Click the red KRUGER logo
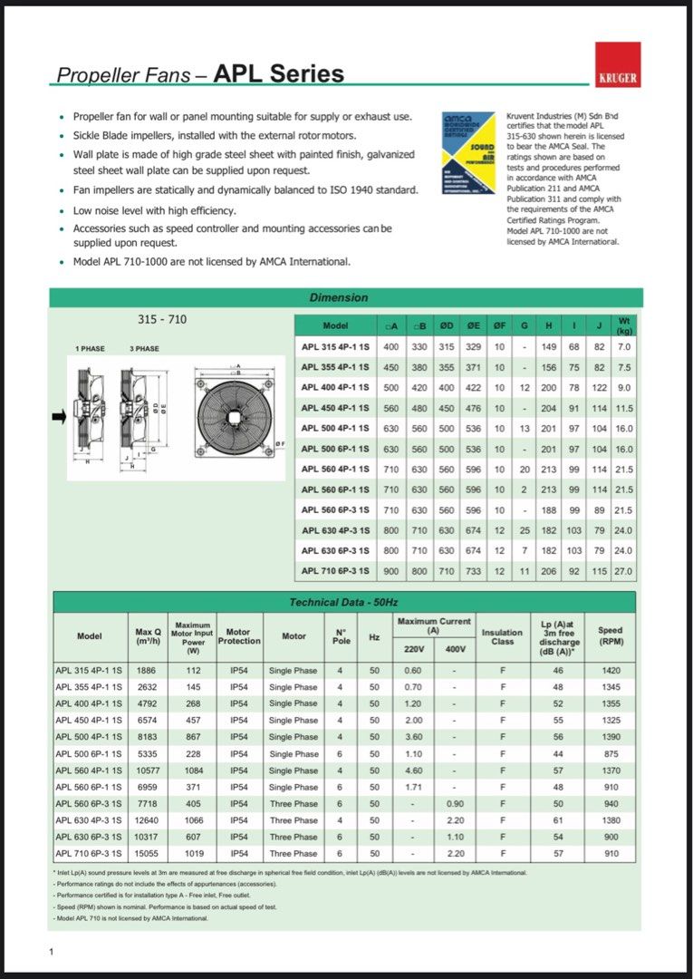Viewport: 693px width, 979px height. coord(618,64)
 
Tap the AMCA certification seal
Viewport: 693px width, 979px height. coord(468,159)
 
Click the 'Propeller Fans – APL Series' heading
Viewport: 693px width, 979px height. coord(200,74)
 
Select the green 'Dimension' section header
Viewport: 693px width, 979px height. coord(339,297)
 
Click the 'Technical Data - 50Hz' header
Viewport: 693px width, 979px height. coord(343,602)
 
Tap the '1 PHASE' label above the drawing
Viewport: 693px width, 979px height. coord(90,349)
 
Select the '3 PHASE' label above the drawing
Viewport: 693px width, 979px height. coord(144,349)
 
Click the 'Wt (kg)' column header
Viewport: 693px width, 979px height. coord(623,325)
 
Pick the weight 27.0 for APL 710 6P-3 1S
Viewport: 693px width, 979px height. coord(623,572)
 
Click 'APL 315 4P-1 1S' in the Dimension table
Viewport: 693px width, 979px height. coord(335,347)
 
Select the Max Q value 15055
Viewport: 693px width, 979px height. coord(146,854)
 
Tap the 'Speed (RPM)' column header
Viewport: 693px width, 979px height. coord(610,635)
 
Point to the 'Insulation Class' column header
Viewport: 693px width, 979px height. coord(502,637)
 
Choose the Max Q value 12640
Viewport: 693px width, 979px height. coord(146,820)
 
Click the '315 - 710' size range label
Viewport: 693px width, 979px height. coord(162,319)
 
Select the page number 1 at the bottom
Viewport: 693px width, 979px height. coord(52,951)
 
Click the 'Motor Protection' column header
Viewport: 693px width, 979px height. coord(238,635)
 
